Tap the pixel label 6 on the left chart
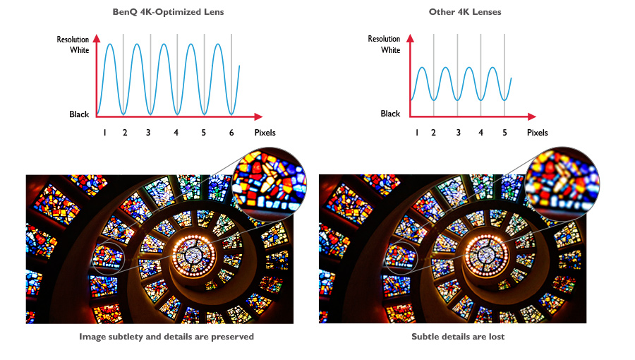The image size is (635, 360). [x=231, y=133]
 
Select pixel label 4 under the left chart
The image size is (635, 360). [x=176, y=133]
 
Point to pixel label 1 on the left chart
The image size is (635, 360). [x=104, y=133]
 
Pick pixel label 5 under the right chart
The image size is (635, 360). [x=505, y=133]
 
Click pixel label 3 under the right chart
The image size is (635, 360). [x=458, y=133]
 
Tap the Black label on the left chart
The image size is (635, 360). [x=79, y=114]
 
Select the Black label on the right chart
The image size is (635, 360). [x=390, y=114]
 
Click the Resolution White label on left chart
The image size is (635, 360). [x=73, y=45]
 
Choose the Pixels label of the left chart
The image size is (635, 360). [x=265, y=133]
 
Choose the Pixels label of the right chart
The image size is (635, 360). [x=537, y=133]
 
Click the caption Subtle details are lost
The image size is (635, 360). [x=458, y=337]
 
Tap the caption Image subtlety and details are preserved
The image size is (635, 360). [x=167, y=337]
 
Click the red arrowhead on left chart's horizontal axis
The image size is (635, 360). [x=259, y=116]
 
